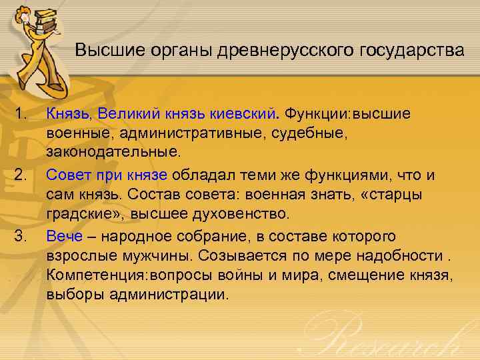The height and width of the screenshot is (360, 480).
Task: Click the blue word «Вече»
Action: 65,237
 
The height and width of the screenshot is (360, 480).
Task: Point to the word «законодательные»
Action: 113,153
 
